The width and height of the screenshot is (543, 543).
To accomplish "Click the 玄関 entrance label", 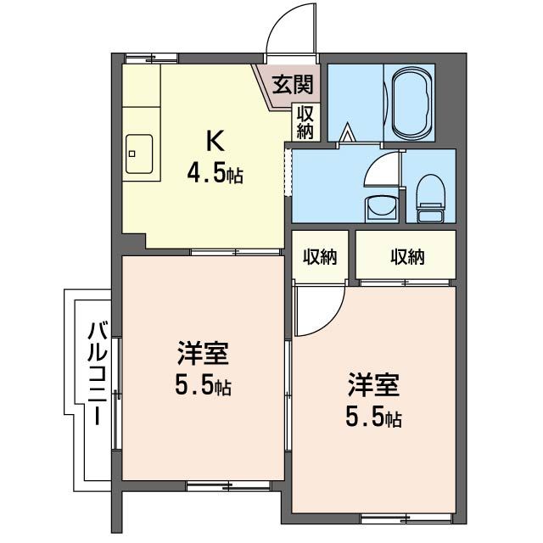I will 290,84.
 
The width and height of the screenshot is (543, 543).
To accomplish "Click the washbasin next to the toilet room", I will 379,206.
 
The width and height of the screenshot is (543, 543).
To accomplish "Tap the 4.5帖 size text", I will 215,176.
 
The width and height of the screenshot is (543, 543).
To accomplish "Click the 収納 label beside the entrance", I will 305,121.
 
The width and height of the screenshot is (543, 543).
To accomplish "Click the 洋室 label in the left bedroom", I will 202,355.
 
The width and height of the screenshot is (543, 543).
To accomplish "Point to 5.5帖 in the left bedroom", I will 202,388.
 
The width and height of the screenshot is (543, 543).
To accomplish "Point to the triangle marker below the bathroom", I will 346,132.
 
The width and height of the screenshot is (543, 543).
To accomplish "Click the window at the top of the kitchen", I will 151,58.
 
